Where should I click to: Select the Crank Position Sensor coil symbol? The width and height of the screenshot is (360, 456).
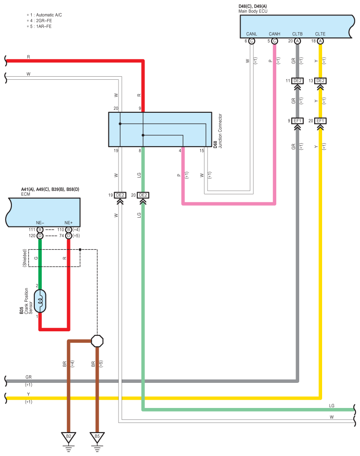[40, 301]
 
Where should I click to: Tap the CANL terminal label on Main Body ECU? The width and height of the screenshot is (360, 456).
[252, 34]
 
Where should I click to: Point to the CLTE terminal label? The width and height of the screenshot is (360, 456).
[320, 34]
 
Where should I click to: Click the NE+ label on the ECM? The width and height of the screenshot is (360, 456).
[69, 223]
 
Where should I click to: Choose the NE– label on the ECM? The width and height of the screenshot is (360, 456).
[40, 223]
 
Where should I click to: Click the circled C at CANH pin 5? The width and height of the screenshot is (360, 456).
[274, 41]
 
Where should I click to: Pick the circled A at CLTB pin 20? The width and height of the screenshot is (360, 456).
[297, 41]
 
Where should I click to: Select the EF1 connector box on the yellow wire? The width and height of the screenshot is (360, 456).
[320, 121]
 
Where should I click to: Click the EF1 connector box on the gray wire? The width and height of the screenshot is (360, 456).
[297, 121]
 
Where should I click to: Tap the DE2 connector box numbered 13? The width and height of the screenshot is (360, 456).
[320, 81]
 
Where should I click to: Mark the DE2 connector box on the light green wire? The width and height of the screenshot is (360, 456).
[143, 195]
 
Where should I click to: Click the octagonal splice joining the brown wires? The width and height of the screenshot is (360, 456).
[97, 341]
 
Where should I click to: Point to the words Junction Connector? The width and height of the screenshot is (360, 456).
[220, 131]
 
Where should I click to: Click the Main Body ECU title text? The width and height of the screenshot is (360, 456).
[252, 11]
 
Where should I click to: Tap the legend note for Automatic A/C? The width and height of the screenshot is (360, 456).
[44, 15]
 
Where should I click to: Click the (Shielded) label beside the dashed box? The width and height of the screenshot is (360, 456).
[25, 258]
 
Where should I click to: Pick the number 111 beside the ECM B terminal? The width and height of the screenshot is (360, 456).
[32, 230]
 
